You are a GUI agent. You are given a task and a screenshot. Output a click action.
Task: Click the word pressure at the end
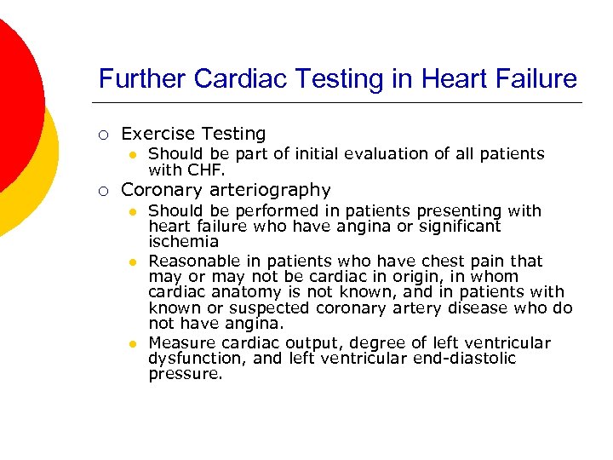(185, 374)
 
